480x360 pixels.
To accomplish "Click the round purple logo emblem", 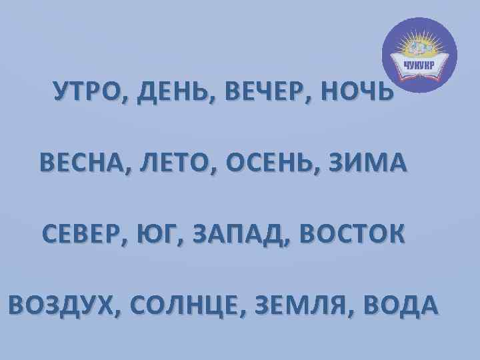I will [421, 54].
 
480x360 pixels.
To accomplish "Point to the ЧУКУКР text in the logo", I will [421, 65].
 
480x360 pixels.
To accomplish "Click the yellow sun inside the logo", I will [421, 48].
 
